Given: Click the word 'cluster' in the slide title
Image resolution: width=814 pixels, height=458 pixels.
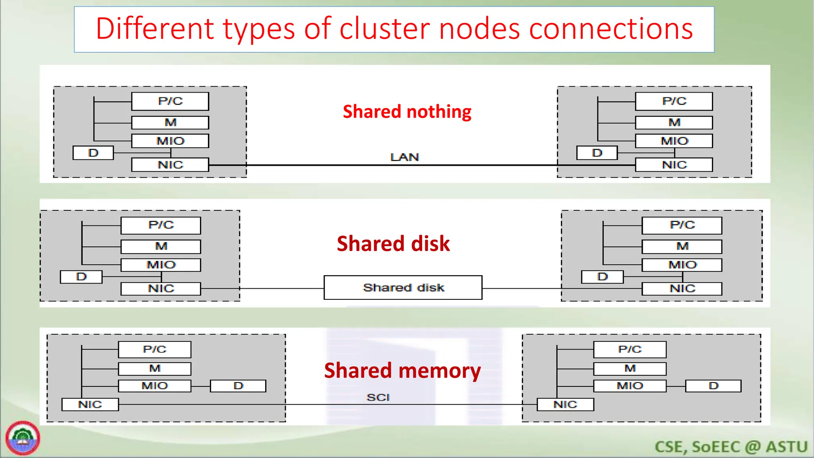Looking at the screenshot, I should point(385,29).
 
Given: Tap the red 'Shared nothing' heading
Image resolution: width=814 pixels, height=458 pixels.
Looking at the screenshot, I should point(407,112).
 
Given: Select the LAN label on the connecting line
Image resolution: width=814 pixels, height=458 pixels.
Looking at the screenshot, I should point(405,157).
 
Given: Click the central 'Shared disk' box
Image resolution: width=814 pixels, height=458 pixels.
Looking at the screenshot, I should point(403,287).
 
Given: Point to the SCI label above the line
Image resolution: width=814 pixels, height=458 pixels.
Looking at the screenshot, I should point(378,397).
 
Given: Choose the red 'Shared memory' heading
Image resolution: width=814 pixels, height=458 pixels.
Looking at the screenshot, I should point(402,371).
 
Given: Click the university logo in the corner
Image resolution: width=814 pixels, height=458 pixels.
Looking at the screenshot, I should point(23,438).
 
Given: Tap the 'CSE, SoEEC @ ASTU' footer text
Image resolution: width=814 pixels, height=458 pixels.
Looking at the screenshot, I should point(731,447).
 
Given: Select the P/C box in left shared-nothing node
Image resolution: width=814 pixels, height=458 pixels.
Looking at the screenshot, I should point(170,101).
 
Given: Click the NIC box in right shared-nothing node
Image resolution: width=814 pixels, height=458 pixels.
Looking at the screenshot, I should point(674,165).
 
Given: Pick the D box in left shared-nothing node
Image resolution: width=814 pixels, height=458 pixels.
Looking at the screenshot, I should point(93,153).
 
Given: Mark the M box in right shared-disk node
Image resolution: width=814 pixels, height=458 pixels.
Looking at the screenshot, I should point(682,246).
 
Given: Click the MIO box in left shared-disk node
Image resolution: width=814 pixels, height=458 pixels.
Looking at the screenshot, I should point(161,265).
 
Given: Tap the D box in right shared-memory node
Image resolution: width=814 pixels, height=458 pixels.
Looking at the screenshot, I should point(713,386).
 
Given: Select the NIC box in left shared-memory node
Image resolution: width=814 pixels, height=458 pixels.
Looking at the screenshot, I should point(90,404).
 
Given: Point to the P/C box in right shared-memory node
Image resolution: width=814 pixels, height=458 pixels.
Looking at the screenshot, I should point(630,349).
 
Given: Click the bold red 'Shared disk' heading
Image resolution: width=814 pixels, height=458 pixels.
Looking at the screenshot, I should point(393,243).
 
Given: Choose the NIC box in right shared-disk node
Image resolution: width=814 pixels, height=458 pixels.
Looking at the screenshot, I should point(682,289).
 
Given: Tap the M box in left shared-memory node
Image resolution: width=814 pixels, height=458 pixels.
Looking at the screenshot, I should point(155,369).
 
